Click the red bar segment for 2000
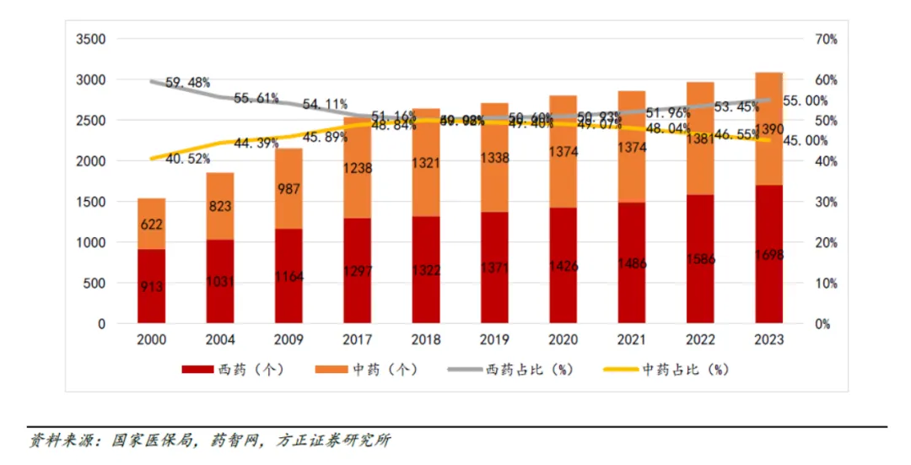(152, 286)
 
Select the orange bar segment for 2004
(220, 207)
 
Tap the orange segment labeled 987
(288, 188)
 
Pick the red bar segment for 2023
(769, 254)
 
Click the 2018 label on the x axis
(426, 339)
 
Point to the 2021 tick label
(632, 339)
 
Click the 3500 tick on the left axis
(90, 39)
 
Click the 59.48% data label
(186, 83)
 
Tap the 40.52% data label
(186, 158)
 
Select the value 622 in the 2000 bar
(153, 224)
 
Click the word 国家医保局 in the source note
(143, 441)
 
